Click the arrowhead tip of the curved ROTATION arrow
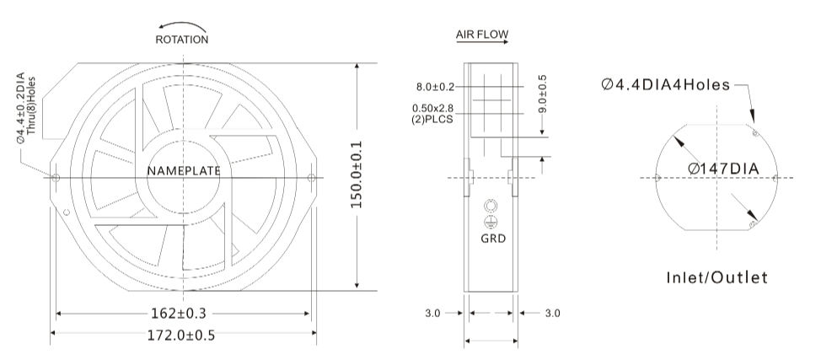tap(159, 26)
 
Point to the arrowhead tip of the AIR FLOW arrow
tap(508, 41)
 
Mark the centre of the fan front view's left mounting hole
tap(56, 178)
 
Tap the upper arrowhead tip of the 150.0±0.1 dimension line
tap(357, 63)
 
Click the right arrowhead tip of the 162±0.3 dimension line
tap(310, 314)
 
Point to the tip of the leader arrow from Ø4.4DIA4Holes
tap(754, 124)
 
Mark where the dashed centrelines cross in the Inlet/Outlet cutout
tap(716, 178)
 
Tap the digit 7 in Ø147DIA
tap(720, 169)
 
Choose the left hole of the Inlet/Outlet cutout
tap(658, 178)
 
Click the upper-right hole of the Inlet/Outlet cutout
tap(755, 133)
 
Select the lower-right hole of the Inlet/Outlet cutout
tap(753, 224)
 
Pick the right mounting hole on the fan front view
tap(311, 178)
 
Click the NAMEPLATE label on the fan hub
tap(184, 171)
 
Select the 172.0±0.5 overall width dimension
tap(181, 335)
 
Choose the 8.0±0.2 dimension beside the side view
tap(436, 87)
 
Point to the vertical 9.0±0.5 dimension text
tap(543, 94)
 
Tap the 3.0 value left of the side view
tap(432, 314)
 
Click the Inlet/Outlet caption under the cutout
tap(716, 277)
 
